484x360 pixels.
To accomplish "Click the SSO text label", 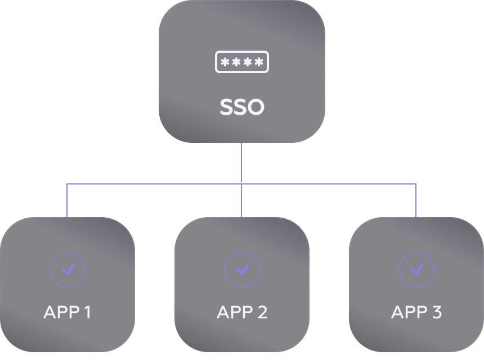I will coord(242,107).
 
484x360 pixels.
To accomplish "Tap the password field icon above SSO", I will coord(242,62).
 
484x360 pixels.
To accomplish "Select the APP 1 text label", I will coord(67,312).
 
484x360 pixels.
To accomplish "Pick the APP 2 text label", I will coord(242,312).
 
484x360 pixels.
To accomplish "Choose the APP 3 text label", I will coord(416,312).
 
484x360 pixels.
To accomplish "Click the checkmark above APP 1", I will coord(68,270).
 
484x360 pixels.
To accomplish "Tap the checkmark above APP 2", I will coord(242,270).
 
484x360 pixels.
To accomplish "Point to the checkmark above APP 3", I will coord(416,270).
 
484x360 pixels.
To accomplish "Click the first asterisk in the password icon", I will coord(225,62).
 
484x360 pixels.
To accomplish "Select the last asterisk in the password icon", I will coord(259,62).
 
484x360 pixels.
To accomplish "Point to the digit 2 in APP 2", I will coord(262,312).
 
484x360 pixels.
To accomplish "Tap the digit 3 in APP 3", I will coord(436,312).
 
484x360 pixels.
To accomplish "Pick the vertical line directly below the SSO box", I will coord(241,163).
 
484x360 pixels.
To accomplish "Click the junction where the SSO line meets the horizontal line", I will coord(241,184).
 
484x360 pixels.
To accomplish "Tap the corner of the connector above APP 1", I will coord(67,184).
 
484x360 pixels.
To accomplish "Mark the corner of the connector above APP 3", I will coord(416,184).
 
